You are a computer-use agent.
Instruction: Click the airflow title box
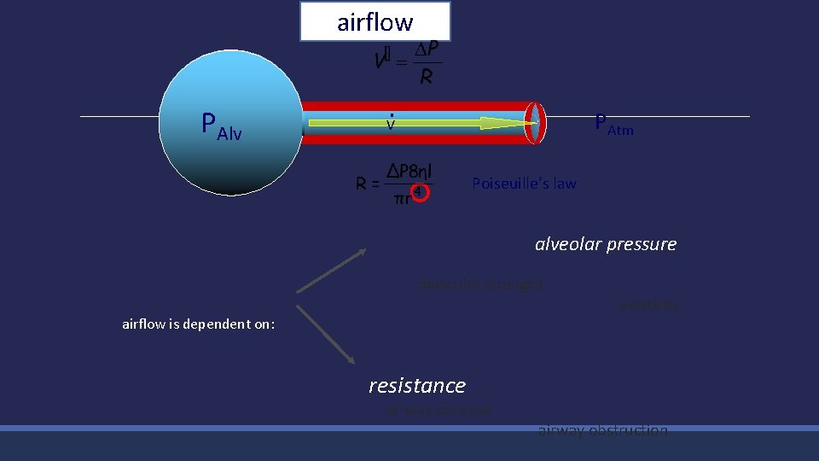coord(375,21)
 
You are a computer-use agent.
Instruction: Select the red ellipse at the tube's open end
coord(535,123)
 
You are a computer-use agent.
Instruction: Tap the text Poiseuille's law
coord(524,184)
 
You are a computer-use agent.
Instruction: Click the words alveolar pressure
coord(605,244)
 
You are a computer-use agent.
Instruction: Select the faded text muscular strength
coord(479,284)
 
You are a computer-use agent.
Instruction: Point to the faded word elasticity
coord(649,305)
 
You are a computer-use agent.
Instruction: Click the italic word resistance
coord(417,386)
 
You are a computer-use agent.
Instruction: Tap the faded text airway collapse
coord(439,410)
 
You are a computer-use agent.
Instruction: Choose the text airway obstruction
coord(602,431)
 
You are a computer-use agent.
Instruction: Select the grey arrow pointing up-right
coord(331,271)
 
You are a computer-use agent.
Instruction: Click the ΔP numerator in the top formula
coord(427,50)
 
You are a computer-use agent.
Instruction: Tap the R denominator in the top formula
coord(427,77)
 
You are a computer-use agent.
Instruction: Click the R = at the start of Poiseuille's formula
coord(368,183)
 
